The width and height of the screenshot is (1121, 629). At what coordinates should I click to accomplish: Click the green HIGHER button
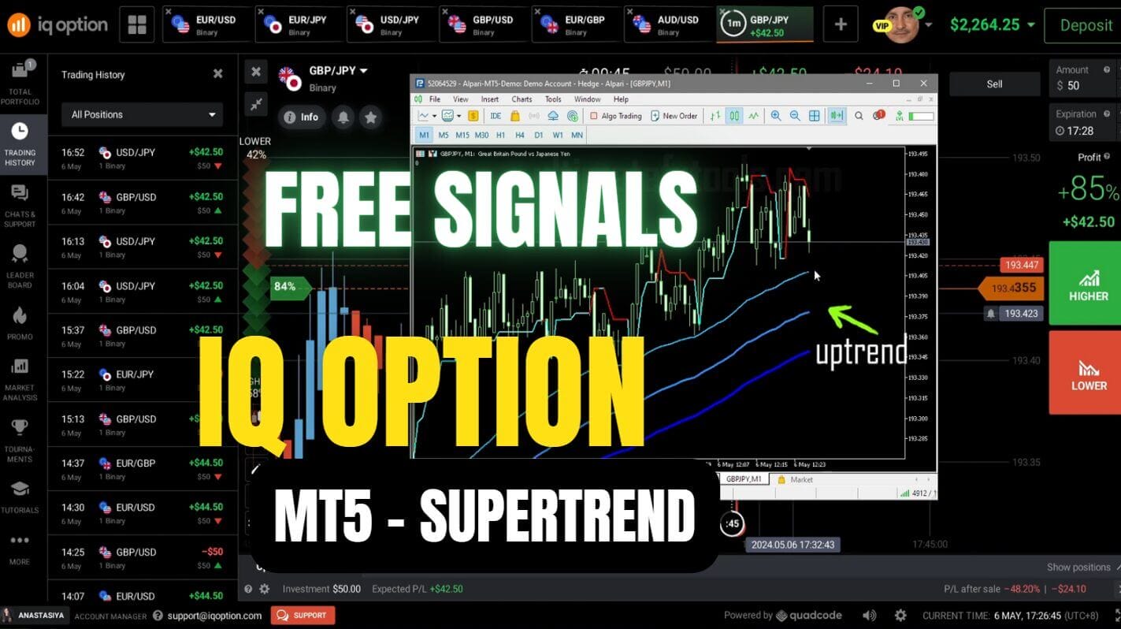coord(1089,283)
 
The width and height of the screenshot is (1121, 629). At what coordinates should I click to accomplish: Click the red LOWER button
coord(1089,372)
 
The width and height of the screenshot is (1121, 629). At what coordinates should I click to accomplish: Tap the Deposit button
coord(1085,25)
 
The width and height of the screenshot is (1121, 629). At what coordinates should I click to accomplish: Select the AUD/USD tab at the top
coord(669,24)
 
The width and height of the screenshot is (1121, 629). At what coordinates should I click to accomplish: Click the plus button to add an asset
coord(840,24)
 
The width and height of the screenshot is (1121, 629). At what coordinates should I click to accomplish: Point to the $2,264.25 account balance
coord(985,24)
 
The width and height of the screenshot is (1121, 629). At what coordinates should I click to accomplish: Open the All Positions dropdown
coord(142,114)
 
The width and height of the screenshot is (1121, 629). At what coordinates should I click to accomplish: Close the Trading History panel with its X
coord(217,73)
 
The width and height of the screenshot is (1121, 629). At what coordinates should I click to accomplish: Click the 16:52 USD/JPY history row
coord(142,158)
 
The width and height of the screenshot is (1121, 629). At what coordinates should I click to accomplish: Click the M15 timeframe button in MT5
coord(462,135)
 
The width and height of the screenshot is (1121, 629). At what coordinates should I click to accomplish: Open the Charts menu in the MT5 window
coord(522,99)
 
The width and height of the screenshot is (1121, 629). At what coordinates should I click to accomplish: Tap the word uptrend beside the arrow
coord(860,352)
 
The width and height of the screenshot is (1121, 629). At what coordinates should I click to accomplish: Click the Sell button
coord(994,84)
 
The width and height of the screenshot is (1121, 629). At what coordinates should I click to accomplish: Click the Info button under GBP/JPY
coord(301,117)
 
